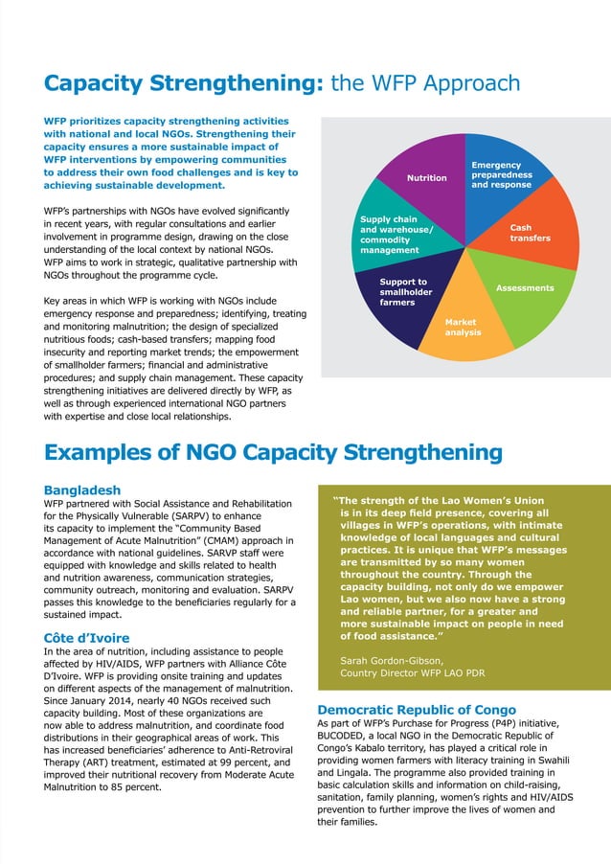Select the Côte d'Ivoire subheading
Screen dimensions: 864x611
coord(86,638)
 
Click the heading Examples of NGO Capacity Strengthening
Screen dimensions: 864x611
coord(273,452)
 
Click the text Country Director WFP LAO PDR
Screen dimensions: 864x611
coord(412,672)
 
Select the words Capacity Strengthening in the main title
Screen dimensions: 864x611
coord(182,83)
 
